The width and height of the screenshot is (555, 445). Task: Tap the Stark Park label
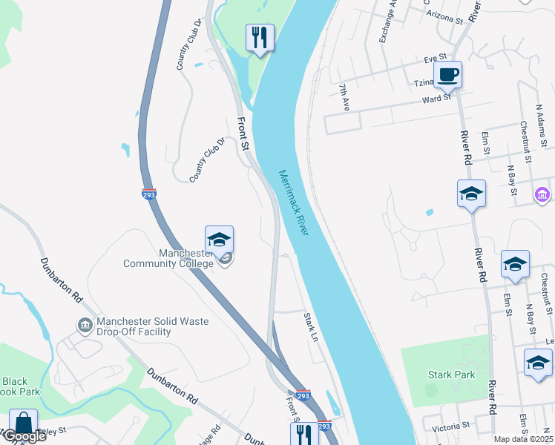[x=451, y=375]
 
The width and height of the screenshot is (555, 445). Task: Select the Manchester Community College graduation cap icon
[x=219, y=240]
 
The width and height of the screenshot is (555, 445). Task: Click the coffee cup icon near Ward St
[x=447, y=75]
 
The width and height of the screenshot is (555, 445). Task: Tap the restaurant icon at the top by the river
[x=259, y=37]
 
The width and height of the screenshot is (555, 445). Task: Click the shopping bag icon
[x=23, y=423]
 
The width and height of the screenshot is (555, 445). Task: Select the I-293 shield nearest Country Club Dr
[x=148, y=193]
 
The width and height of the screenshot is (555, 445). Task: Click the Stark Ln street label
[x=310, y=327]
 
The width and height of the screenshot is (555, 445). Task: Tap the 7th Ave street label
[x=344, y=97]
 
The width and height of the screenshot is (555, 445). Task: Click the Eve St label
[x=435, y=57]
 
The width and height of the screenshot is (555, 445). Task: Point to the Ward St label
[x=436, y=99]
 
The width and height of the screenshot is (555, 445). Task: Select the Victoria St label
[x=451, y=426]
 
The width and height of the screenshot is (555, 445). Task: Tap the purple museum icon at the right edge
[x=542, y=194]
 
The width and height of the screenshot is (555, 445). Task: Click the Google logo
[x=24, y=436]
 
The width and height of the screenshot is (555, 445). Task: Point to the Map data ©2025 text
[x=523, y=439]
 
